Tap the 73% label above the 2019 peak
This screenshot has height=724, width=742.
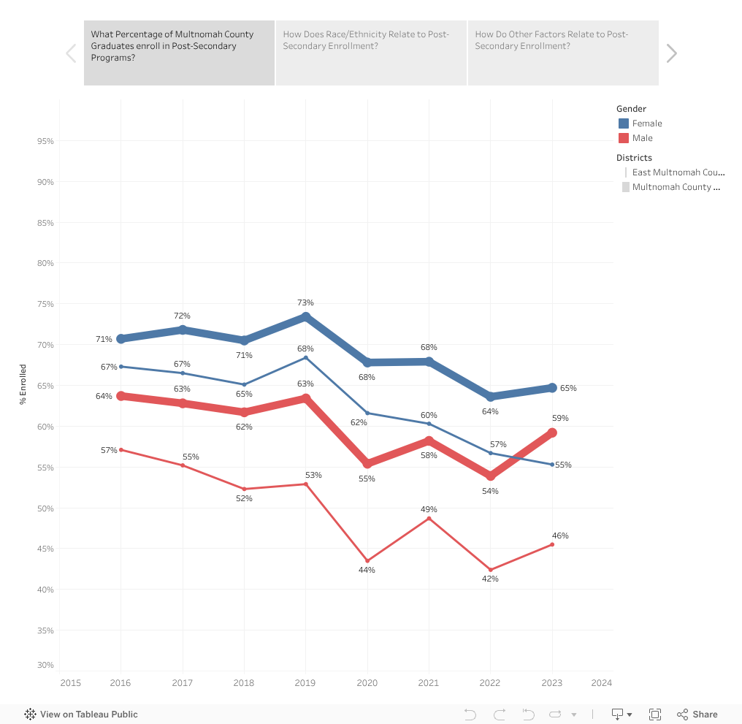pyautogui.click(x=305, y=302)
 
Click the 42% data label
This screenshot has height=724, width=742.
pyautogui.click(x=490, y=579)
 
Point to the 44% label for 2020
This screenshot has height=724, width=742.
pyautogui.click(x=367, y=570)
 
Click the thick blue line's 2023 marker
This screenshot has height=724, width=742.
pyautogui.click(x=552, y=388)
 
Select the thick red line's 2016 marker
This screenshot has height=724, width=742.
pyautogui.click(x=121, y=396)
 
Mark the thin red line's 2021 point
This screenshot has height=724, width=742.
pyautogui.click(x=429, y=518)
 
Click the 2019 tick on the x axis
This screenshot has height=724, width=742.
pyautogui.click(x=305, y=683)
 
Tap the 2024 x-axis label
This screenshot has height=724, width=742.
pyautogui.click(x=602, y=683)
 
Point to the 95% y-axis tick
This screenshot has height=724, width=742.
pyautogui.click(x=45, y=141)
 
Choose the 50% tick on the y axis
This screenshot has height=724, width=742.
pyautogui.click(x=45, y=508)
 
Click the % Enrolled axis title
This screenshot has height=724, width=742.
pyautogui.click(x=23, y=384)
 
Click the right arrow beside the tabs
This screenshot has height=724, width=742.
pyautogui.click(x=672, y=53)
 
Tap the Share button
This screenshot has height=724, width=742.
pyautogui.click(x=697, y=715)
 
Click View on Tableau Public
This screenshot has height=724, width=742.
pyautogui.click(x=81, y=715)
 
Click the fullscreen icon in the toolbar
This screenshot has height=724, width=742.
pyautogui.click(x=655, y=715)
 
